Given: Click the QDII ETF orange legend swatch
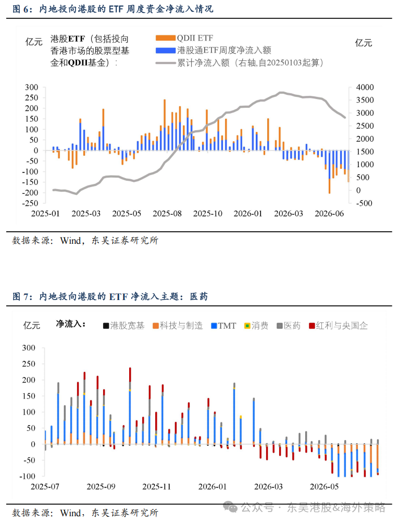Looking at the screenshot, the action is point(166,38).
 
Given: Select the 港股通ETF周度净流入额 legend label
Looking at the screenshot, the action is point(224,50).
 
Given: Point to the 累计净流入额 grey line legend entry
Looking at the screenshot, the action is point(239,63).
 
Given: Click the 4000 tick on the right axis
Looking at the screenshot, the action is point(365,88).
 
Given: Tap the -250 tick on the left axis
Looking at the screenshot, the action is point(30,203).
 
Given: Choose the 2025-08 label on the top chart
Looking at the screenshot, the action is point(167,214).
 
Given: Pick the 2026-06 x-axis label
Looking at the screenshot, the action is point(329,214).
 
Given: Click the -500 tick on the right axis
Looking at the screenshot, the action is point(364,203).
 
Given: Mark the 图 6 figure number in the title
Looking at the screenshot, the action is point(20,9).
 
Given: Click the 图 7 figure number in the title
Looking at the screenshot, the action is point(20,296).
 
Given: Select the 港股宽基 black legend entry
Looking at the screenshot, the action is point(123,326).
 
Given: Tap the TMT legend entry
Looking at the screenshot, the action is point(223,326).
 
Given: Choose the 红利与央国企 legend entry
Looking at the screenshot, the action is point(338,326).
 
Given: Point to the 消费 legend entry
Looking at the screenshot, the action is point(256,326).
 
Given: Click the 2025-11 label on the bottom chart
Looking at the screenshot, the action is point(156,487).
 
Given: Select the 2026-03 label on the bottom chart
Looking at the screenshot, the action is point(268,487).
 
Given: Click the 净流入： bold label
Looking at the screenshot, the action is point(71,324).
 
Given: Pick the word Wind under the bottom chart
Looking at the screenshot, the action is point(70,513).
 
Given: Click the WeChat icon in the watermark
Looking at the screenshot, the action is point(230,507).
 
